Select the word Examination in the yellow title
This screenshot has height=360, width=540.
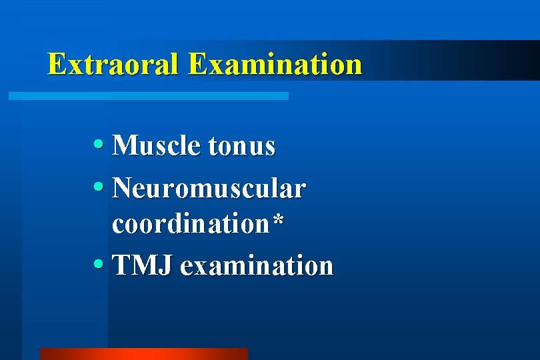(x=275, y=64)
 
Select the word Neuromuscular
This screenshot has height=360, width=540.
(x=209, y=189)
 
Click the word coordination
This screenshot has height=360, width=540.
(x=190, y=225)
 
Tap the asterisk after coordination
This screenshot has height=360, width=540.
(x=277, y=223)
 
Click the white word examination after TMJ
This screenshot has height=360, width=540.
(x=256, y=265)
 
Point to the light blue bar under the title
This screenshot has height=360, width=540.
(x=148, y=96)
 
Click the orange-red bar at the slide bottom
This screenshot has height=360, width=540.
(x=143, y=353)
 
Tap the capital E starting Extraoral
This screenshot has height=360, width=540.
(x=57, y=64)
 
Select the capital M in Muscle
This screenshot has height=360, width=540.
(x=125, y=145)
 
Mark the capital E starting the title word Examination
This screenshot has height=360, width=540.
(x=197, y=64)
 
